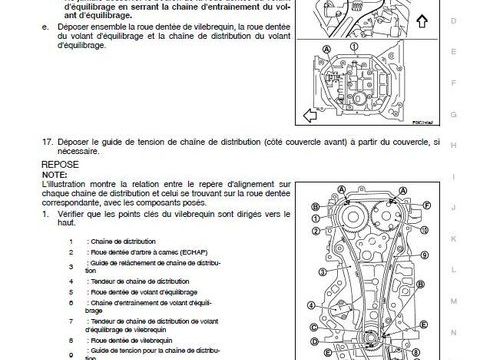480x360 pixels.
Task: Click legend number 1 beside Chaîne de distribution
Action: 71,242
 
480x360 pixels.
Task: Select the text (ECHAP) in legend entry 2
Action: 194,253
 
